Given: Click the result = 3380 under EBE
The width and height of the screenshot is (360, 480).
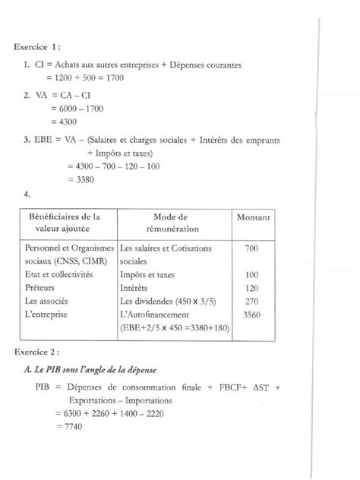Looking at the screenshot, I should point(81,178).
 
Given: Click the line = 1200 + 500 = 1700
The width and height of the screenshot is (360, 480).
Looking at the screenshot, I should point(84,77).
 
